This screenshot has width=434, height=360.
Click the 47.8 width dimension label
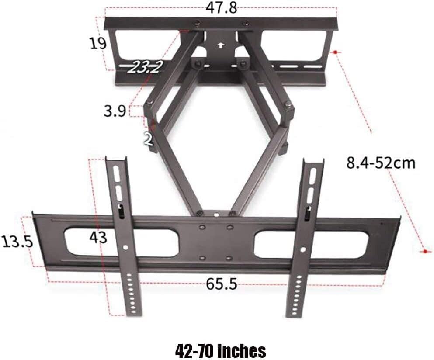[221, 7]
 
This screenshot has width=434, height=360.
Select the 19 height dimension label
[97, 43]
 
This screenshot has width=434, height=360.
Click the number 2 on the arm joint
[149, 138]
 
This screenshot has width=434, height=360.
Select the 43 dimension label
[98, 237]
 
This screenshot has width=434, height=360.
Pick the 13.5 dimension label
[17, 242]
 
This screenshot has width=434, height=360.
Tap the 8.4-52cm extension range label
[380, 163]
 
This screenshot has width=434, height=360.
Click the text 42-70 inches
[220, 350]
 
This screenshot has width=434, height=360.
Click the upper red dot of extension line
[335, 52]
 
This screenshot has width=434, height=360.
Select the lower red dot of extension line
[424, 251]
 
